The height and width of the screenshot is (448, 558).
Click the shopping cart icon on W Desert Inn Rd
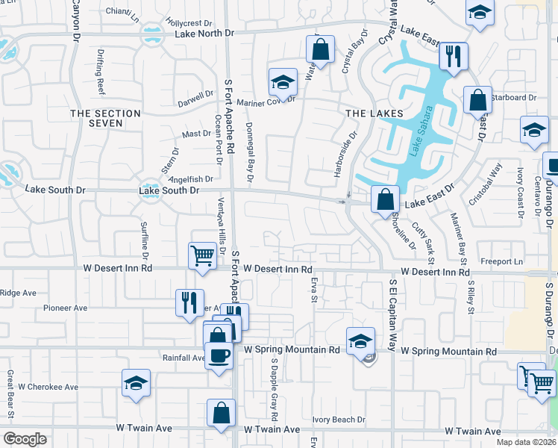pos(203,255)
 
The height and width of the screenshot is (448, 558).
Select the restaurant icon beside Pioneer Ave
pos(189,302)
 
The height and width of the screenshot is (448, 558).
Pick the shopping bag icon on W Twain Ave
pos(222,412)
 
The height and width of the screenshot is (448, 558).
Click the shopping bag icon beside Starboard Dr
pos(477,99)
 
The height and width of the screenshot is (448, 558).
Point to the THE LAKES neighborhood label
pos(374,113)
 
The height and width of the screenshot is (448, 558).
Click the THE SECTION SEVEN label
pos(105,118)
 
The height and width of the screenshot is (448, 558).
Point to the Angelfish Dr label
pos(192,179)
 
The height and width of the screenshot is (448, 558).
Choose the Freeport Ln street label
pos(501,261)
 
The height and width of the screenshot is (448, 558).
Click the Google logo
pos(25,439)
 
